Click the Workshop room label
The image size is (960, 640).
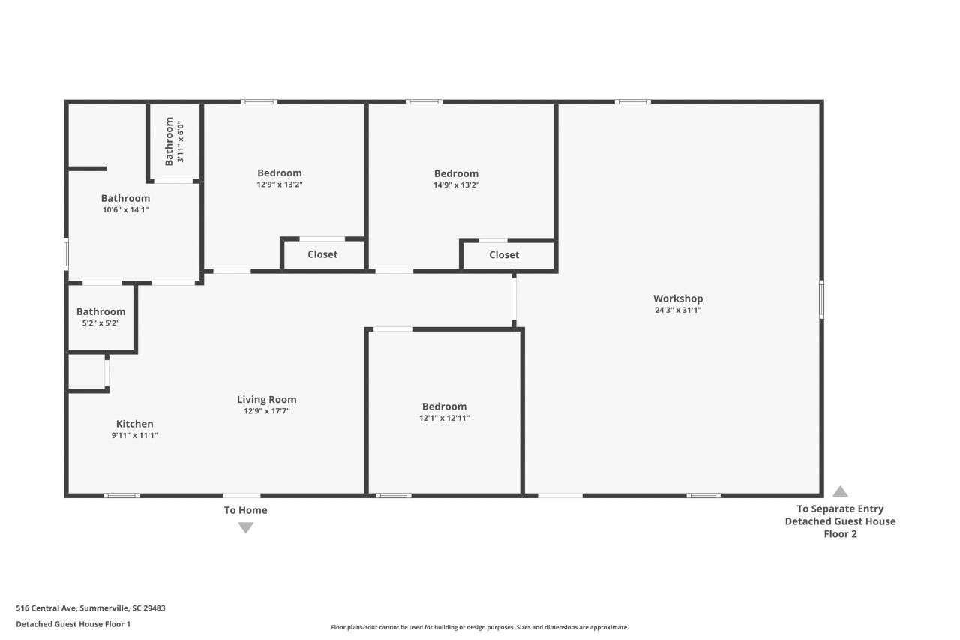(678, 299)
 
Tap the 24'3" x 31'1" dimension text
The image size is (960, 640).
(678, 310)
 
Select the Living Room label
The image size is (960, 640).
(266, 399)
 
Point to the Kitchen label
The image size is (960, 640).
(134, 423)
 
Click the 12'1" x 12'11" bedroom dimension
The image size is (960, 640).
(445, 418)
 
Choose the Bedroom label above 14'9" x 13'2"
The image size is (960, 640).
(456, 173)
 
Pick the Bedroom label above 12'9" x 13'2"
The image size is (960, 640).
(280, 173)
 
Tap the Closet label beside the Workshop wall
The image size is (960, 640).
(504, 254)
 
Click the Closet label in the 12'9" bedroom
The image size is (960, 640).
(322, 254)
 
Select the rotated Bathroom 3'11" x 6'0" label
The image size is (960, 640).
(174, 141)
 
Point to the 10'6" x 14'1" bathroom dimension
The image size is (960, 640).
(125, 209)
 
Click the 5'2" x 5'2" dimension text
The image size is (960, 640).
(100, 323)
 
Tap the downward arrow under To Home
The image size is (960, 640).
(245, 527)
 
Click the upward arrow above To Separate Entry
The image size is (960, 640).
(840, 491)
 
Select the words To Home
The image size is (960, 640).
(245, 510)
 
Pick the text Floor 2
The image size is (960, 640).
(840, 533)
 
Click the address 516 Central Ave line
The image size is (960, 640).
(91, 608)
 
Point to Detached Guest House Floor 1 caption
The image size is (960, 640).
(73, 624)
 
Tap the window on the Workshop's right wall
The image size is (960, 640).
(821, 299)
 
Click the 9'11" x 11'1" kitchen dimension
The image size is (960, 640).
(134, 435)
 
